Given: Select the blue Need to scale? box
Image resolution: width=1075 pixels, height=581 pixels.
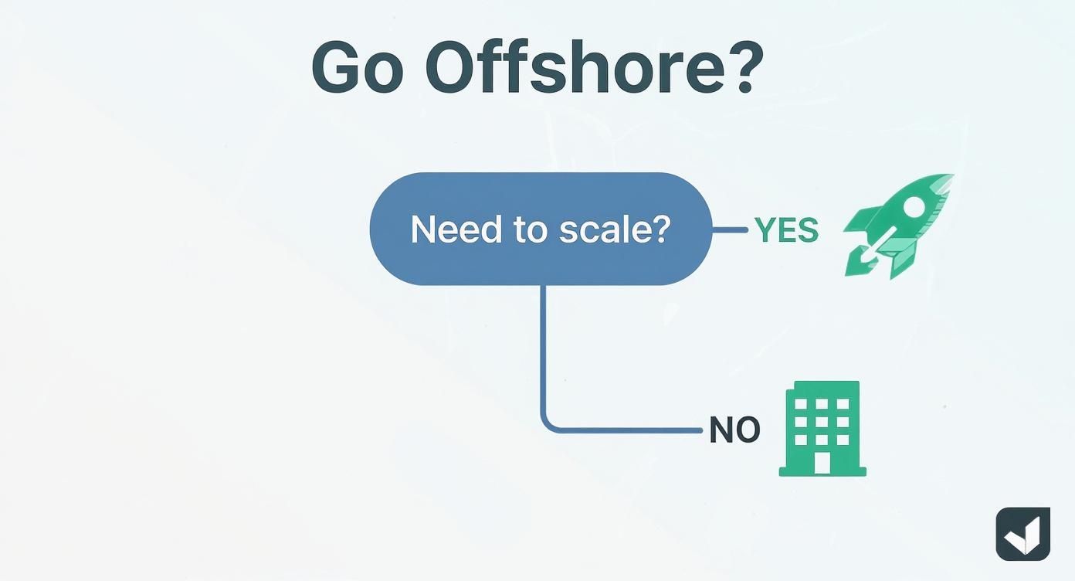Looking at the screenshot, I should coord(541,229).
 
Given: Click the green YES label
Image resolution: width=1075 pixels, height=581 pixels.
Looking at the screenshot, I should coord(786,230).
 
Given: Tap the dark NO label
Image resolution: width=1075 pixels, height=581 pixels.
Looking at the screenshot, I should coord(734,430).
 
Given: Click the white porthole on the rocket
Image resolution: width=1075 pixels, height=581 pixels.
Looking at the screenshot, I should coord(914,206).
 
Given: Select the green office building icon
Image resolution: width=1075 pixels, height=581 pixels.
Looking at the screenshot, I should coord(822,428).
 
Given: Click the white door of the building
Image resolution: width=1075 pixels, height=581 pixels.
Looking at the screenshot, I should coord(822,463).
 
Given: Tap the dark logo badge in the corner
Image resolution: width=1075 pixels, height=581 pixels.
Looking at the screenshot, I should coord(1022,534).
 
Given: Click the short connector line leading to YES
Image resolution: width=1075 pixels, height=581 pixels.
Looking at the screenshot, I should coord(730,229).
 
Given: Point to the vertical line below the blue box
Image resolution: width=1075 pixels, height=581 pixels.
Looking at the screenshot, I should coord(544,348).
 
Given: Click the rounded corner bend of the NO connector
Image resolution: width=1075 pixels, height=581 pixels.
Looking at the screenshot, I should coord(549,425).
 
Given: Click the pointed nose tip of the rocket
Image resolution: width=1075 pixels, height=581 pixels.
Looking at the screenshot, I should coord(951,177).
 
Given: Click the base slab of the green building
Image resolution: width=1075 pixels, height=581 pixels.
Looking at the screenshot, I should coord(822,471).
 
